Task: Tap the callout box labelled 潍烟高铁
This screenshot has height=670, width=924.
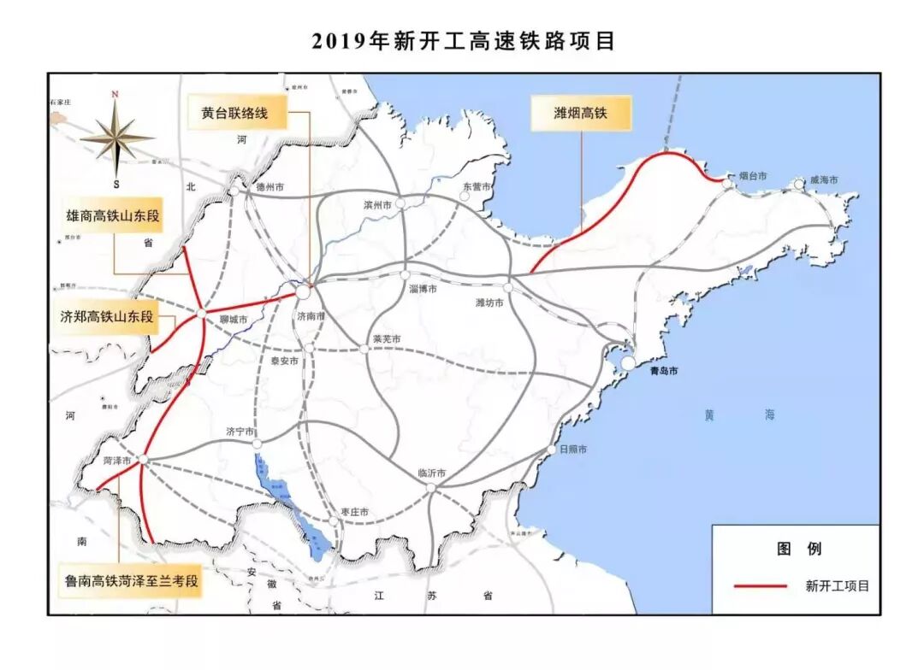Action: coord(581,113)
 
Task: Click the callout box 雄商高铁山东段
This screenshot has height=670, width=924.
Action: coord(113,216)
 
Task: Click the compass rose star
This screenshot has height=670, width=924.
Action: coord(115,138)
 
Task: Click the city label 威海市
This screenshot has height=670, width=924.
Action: coord(824,179)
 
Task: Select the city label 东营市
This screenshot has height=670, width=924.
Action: coord(477,186)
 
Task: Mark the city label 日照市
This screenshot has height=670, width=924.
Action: coord(572,450)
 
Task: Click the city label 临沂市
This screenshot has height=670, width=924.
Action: coord(433,473)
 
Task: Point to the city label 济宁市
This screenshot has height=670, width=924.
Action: coord(240,432)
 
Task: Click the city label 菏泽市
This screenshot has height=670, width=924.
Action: coord(116,460)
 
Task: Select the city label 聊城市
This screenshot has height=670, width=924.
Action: coord(232,320)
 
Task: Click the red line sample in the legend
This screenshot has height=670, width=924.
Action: coord(760,585)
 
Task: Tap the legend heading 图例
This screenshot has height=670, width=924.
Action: coord(799,549)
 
